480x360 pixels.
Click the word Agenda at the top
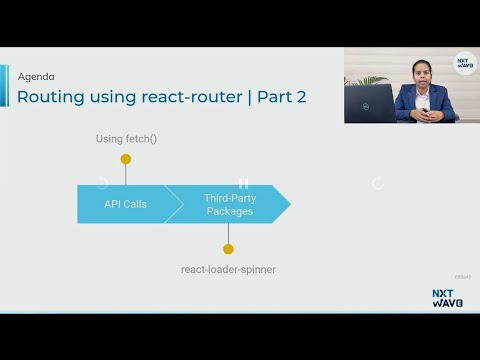pos(36,76)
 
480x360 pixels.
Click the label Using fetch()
pos(126,138)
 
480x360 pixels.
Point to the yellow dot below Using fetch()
pos(126,158)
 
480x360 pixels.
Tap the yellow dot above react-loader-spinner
pos(228,249)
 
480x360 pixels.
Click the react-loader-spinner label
pos(228,269)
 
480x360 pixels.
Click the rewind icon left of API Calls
pos(102,183)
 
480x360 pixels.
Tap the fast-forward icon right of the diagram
pos(377,183)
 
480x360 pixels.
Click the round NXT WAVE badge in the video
pos(464,63)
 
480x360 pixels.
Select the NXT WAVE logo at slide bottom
pos(447,298)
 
